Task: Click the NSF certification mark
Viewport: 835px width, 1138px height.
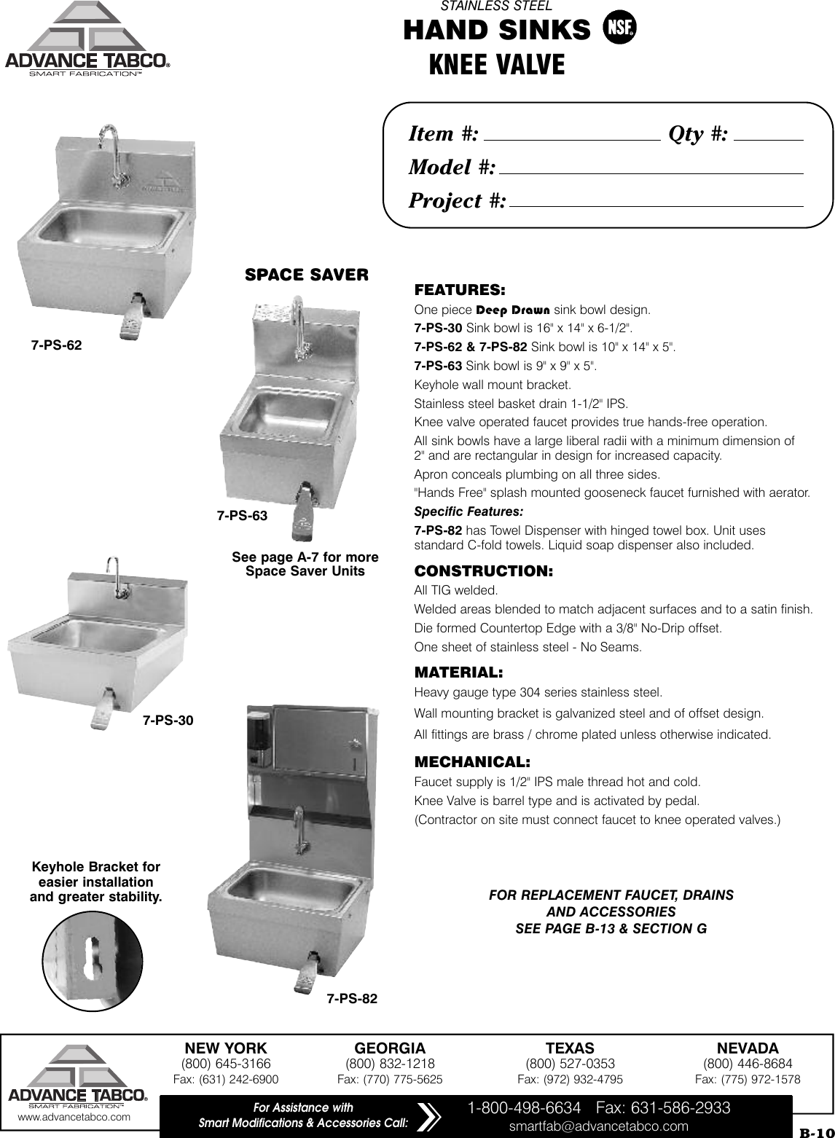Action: tap(619, 29)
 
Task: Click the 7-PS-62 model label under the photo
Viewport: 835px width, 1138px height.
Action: tap(56, 345)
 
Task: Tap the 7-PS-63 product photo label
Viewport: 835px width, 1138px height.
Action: tap(243, 516)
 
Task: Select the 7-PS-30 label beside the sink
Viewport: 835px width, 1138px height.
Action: tap(168, 721)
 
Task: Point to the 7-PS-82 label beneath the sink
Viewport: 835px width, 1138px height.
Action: tap(352, 999)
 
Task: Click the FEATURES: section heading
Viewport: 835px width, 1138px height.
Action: tap(460, 290)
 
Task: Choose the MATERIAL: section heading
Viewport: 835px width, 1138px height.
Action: tap(458, 671)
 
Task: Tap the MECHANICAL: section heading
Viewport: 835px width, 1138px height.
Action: tap(472, 762)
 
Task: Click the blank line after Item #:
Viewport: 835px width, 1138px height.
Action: tap(571, 137)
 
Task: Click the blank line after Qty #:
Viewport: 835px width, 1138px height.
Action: tap(769, 137)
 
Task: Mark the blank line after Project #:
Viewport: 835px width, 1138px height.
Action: tap(656, 204)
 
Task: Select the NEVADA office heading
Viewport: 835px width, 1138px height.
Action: tap(748, 1048)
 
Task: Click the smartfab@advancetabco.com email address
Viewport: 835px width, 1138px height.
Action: tap(598, 1126)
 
